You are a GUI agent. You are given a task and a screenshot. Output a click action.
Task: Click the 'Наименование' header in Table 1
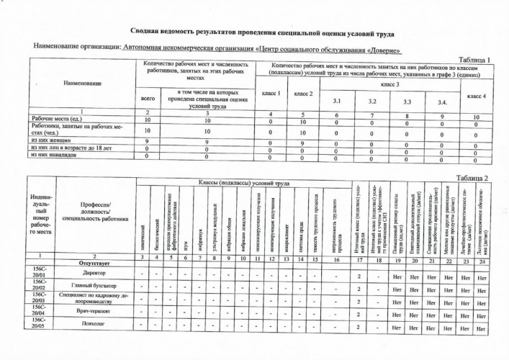pyautogui.click(x=81, y=85)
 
